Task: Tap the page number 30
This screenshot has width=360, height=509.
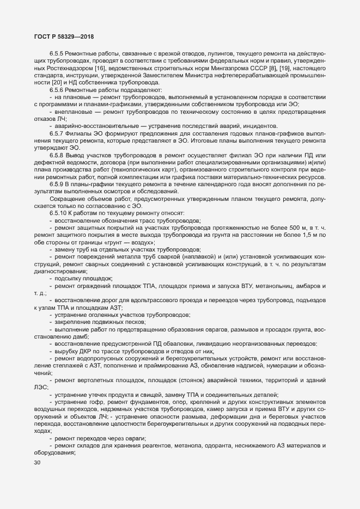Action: pyautogui.click(x=38, y=478)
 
